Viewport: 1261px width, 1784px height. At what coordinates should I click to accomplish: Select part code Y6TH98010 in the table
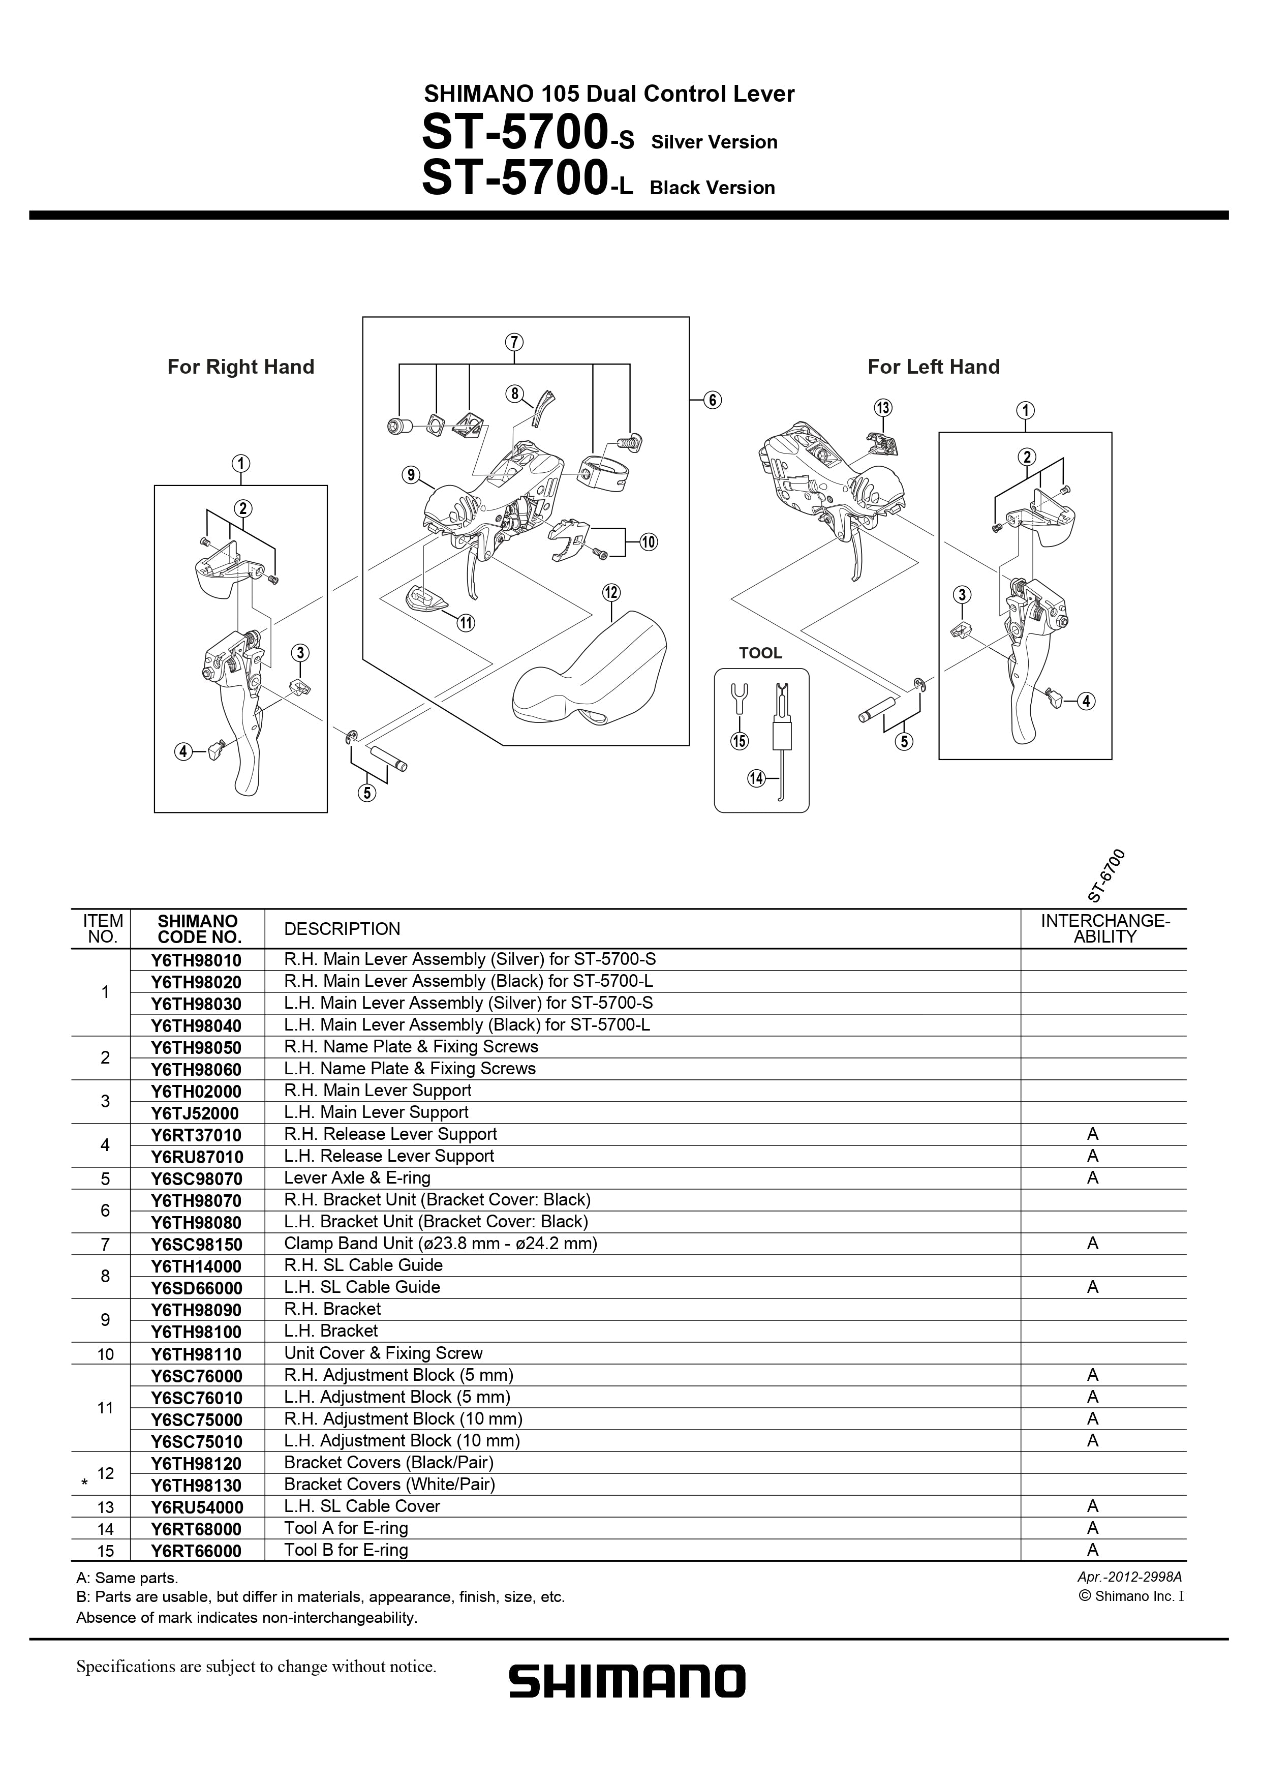point(197,960)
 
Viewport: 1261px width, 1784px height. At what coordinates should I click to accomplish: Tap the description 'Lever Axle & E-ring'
point(357,1178)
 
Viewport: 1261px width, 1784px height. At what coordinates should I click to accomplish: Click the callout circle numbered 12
point(611,593)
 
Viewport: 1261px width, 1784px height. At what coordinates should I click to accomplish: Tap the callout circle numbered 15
point(739,741)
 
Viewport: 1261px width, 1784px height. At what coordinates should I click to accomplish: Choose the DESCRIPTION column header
point(342,929)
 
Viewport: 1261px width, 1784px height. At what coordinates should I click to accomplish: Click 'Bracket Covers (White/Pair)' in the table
point(389,1485)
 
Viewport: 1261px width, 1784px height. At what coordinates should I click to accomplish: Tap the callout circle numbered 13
point(883,408)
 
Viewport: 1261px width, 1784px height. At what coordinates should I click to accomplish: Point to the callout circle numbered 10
point(648,542)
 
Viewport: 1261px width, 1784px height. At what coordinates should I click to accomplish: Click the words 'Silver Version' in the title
point(714,142)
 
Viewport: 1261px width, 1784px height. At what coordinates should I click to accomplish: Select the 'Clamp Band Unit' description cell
point(440,1243)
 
